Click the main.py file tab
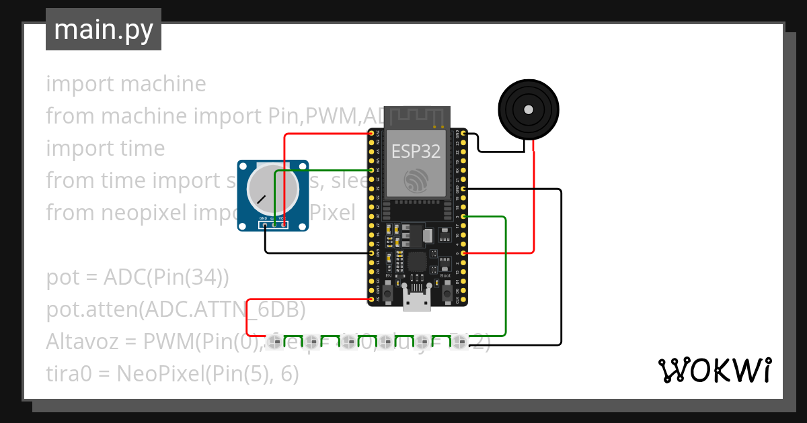tap(103, 30)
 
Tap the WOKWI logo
tap(714, 370)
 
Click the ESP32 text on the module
tap(416, 151)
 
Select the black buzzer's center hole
tap(529, 109)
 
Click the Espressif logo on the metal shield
tap(416, 180)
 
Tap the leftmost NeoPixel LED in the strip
tap(274, 342)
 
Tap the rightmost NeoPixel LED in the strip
tap(459, 342)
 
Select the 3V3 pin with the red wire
tap(371, 134)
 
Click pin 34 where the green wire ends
tap(371, 171)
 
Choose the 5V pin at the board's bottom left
tap(371, 299)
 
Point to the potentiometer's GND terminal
tap(266, 225)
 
